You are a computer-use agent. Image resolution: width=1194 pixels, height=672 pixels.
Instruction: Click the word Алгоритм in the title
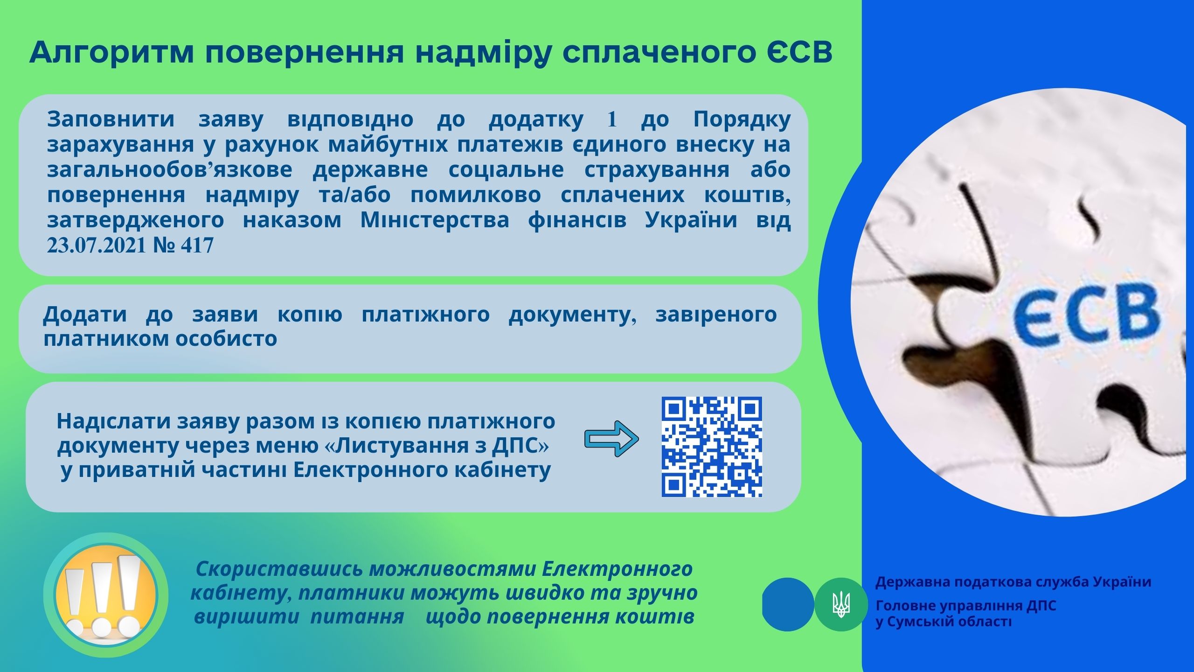point(111,53)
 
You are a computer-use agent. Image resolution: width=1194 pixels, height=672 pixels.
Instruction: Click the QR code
point(712,447)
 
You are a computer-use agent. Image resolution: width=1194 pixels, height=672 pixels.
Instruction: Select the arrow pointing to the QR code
point(611,439)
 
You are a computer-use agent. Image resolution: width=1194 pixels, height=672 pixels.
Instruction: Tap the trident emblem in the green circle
point(841,605)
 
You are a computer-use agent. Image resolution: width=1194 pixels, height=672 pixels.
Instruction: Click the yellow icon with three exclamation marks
point(106,595)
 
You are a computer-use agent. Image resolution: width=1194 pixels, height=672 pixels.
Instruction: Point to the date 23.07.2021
point(97,245)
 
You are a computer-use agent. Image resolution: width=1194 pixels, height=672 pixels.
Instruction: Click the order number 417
point(197,245)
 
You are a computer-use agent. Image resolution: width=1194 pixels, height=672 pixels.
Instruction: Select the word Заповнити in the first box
point(111,119)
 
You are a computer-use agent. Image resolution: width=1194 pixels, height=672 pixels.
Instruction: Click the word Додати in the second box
point(84,314)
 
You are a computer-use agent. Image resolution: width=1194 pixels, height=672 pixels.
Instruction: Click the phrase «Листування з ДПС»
point(437,446)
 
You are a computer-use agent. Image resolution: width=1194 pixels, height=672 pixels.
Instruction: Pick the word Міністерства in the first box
point(434,220)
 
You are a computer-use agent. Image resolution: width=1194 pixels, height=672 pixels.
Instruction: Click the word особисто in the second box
point(226,339)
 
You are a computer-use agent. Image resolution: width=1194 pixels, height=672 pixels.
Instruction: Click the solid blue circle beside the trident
point(788,605)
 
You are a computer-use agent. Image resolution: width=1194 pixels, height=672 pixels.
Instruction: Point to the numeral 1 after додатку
point(612,120)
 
